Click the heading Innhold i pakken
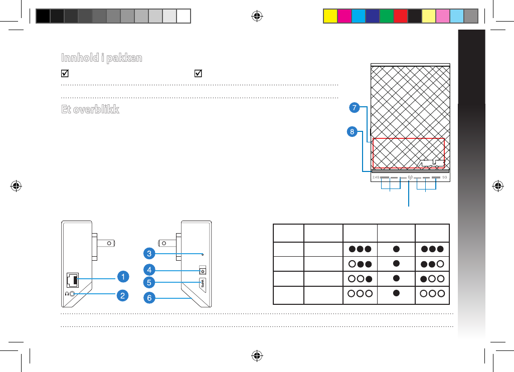point(101,58)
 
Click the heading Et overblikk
point(90,110)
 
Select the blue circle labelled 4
point(148,269)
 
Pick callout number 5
point(148,282)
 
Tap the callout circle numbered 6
point(148,298)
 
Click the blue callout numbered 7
point(355,107)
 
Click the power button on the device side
point(203,271)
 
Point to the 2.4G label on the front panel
point(376,177)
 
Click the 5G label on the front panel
point(444,177)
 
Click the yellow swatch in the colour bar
point(329,16)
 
